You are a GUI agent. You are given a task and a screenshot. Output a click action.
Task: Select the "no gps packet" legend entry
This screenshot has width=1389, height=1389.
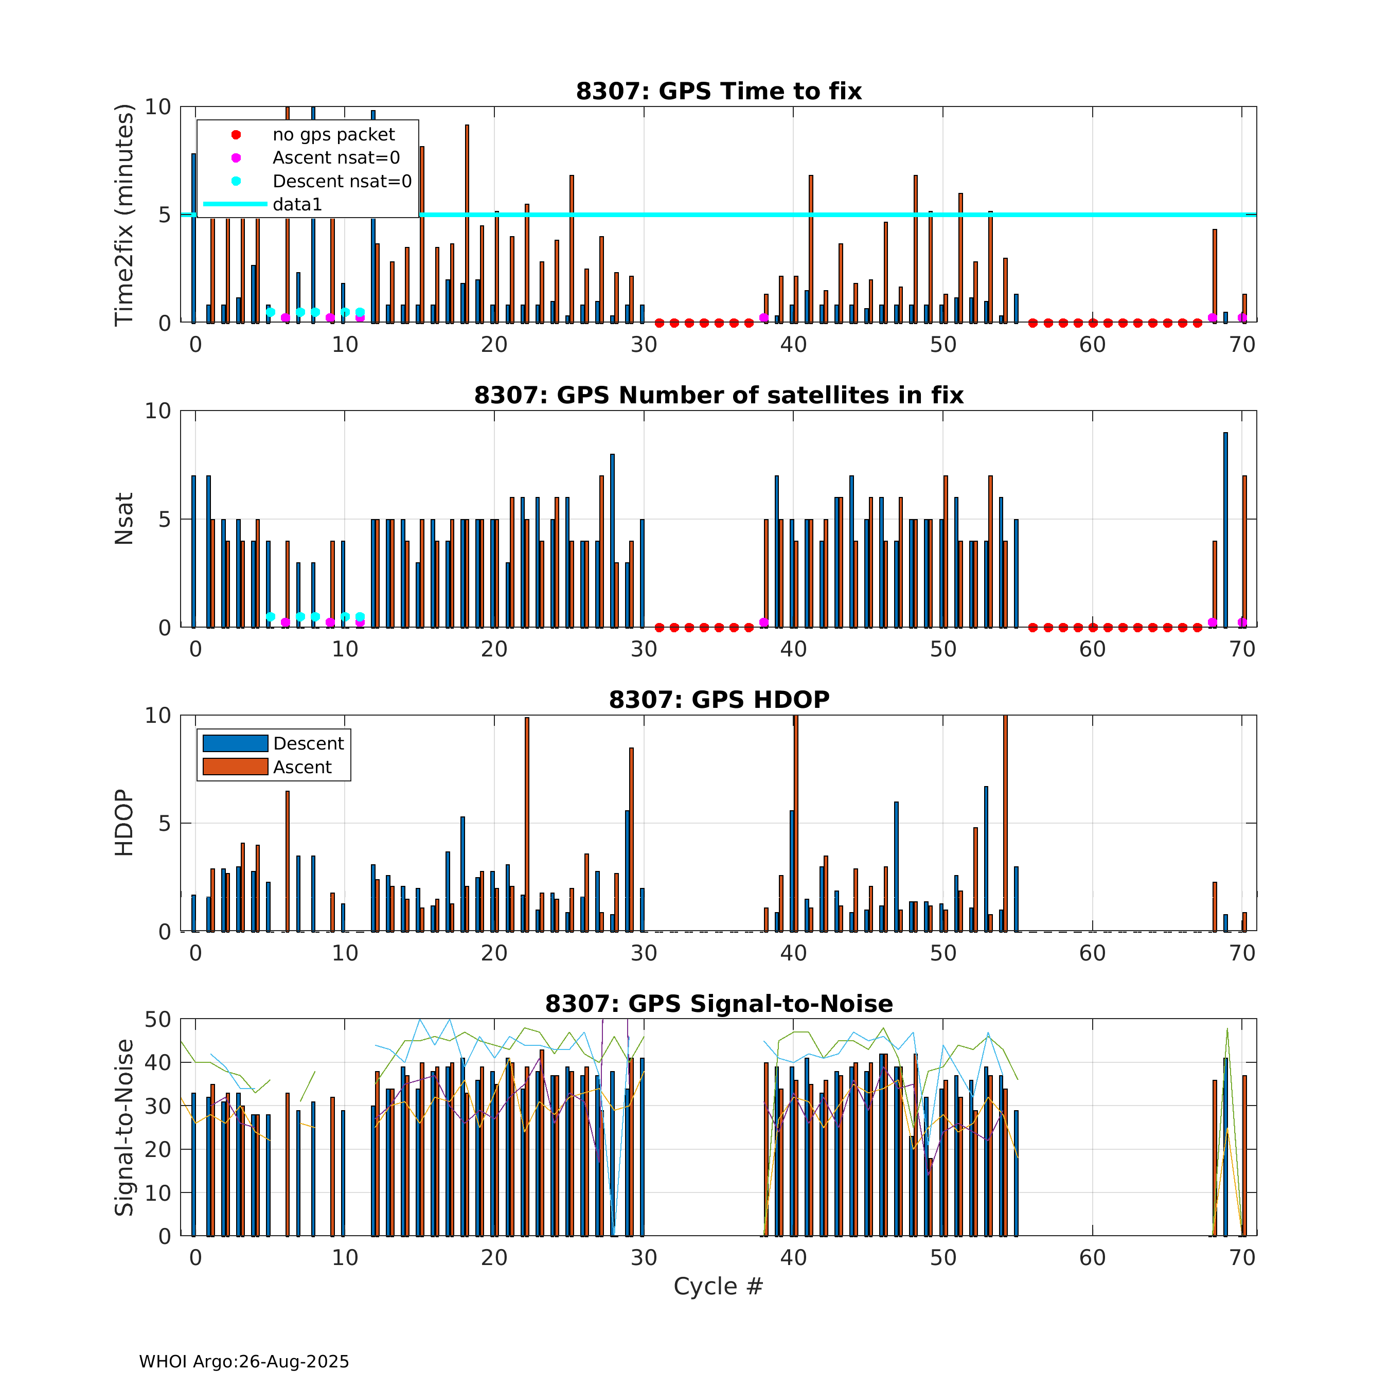(x=333, y=134)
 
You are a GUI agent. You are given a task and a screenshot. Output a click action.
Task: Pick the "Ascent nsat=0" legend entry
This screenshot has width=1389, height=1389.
(x=336, y=157)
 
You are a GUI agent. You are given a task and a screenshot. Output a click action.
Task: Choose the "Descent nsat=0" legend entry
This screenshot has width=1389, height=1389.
(x=342, y=181)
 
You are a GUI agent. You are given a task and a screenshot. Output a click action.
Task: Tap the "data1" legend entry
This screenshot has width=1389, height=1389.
(x=297, y=204)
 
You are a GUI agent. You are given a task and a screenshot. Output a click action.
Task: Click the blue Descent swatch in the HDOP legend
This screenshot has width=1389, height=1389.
(x=235, y=743)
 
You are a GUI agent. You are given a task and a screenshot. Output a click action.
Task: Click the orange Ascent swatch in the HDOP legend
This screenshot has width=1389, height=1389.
(x=235, y=767)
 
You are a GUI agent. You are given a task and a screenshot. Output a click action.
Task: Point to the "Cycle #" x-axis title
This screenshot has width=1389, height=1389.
(x=718, y=1286)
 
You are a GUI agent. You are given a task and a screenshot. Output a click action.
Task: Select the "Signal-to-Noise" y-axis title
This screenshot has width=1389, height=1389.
(x=124, y=1127)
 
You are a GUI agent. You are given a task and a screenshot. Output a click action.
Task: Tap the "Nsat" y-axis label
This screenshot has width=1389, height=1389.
(x=124, y=519)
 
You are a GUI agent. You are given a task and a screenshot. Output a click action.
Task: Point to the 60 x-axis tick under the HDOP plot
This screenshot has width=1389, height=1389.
(x=1092, y=953)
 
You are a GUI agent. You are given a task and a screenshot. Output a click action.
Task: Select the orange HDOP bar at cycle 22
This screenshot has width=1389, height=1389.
(x=527, y=824)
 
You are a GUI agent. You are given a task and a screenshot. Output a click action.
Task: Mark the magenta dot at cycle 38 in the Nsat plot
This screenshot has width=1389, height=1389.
(x=763, y=622)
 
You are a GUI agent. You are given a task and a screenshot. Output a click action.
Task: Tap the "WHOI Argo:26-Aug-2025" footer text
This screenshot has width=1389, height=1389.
(x=244, y=1362)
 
